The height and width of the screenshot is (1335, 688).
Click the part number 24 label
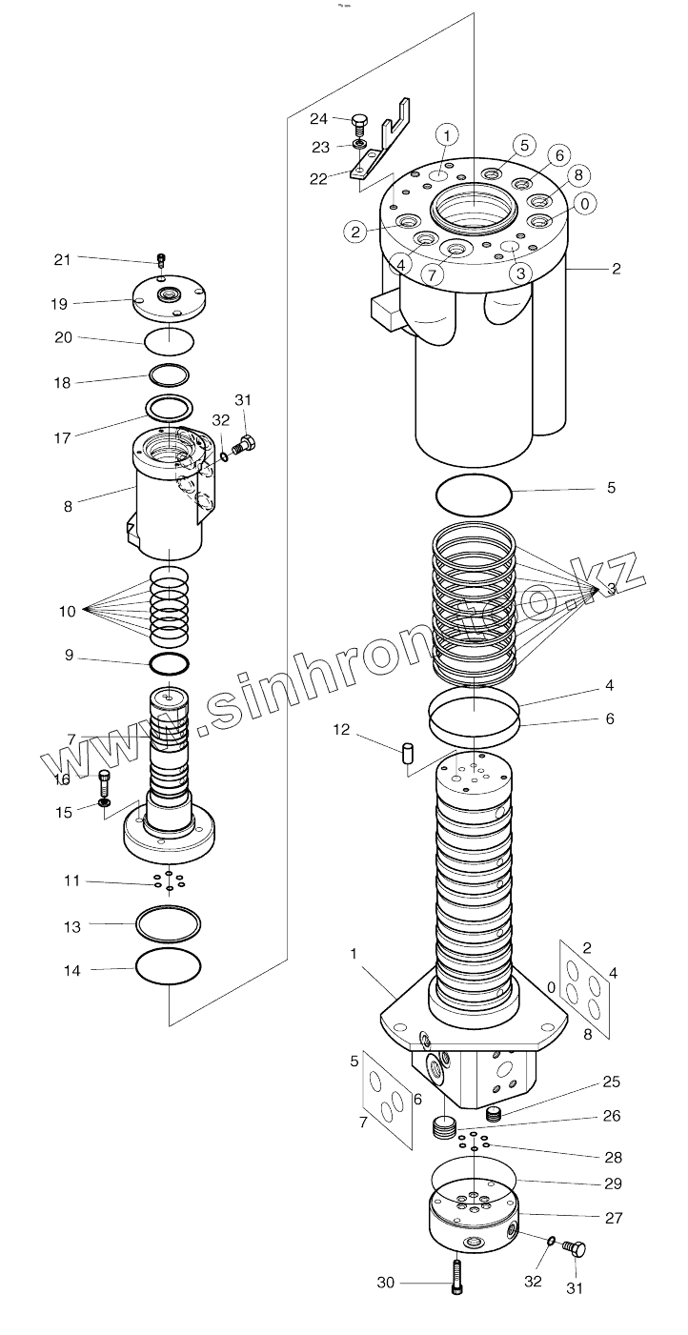[x=318, y=118]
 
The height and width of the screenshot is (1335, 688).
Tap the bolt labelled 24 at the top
[x=358, y=122]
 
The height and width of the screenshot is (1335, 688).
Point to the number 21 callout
[x=62, y=259]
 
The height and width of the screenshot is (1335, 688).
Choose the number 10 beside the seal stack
[x=67, y=611]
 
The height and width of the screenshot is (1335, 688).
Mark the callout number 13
[x=71, y=925]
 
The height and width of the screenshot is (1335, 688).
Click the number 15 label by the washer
[x=65, y=812]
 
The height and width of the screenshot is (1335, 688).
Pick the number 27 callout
[x=613, y=1217]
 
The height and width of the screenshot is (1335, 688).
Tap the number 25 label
[x=611, y=1082]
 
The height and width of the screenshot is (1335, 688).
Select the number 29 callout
[x=613, y=1183]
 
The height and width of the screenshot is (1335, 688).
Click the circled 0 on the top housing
[x=585, y=203]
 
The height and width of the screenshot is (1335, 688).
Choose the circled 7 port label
[x=432, y=274]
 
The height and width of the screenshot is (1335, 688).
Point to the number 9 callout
[x=69, y=656]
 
